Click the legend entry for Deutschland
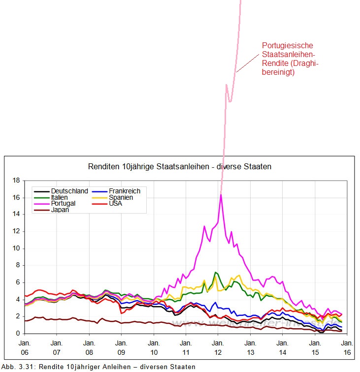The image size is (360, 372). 69,191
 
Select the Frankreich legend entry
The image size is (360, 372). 125,191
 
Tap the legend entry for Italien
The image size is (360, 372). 59,197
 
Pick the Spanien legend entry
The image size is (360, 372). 121,197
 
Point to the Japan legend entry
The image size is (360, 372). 60,210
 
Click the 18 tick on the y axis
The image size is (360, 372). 16,181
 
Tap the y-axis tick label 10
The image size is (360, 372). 16,248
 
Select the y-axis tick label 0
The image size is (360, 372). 17,334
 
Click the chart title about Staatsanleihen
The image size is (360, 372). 179,167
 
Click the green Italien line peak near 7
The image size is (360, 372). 215,272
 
